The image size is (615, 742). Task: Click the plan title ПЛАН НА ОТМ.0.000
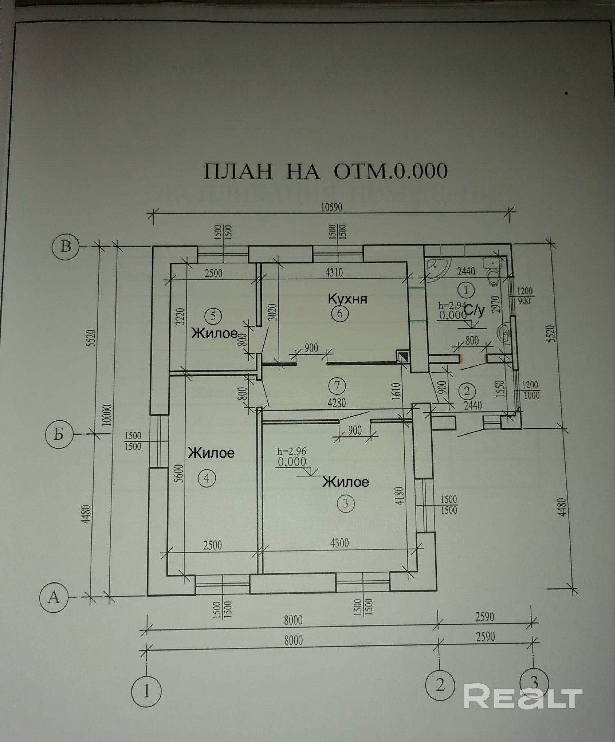(x=326, y=171)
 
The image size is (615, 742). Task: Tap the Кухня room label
(x=347, y=298)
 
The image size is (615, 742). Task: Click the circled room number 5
(x=213, y=316)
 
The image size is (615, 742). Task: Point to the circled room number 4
(x=207, y=478)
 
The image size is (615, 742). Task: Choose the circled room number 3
(x=346, y=504)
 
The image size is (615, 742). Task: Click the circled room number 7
(x=337, y=385)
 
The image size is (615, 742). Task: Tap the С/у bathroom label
(x=474, y=311)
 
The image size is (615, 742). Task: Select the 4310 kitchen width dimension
(x=334, y=273)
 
